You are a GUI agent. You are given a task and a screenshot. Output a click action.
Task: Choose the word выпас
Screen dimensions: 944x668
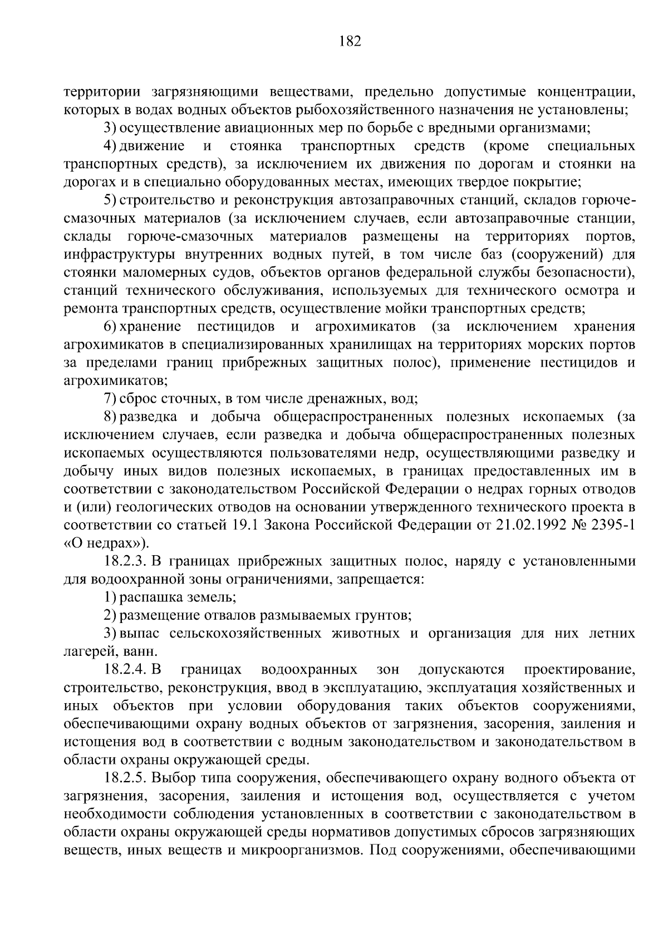click(137, 634)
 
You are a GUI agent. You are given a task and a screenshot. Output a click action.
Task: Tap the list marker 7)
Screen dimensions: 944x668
click(110, 399)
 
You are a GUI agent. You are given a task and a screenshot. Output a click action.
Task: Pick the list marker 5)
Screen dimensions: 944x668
click(110, 200)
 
